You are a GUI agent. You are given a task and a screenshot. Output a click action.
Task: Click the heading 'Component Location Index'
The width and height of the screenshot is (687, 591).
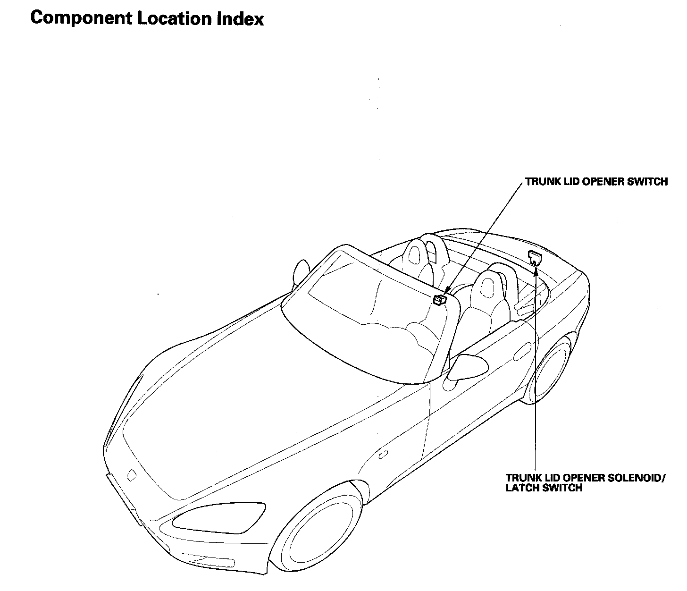click(x=147, y=18)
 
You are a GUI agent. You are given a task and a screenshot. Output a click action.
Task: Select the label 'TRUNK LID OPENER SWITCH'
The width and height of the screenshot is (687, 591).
click(x=596, y=182)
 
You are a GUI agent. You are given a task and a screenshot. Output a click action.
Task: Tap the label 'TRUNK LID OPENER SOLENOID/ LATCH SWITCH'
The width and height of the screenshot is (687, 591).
click(x=585, y=482)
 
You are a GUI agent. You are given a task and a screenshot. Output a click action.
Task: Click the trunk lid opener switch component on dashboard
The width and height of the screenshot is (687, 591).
click(x=440, y=299)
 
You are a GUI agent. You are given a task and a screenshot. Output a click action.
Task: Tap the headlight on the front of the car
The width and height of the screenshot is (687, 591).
click(x=219, y=520)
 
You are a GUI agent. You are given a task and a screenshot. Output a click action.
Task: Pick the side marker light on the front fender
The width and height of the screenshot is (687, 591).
click(x=383, y=455)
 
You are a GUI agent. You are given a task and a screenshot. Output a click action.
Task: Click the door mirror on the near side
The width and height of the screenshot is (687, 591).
click(x=467, y=365)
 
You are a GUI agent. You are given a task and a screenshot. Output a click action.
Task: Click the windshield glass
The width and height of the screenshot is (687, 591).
click(x=363, y=312)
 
